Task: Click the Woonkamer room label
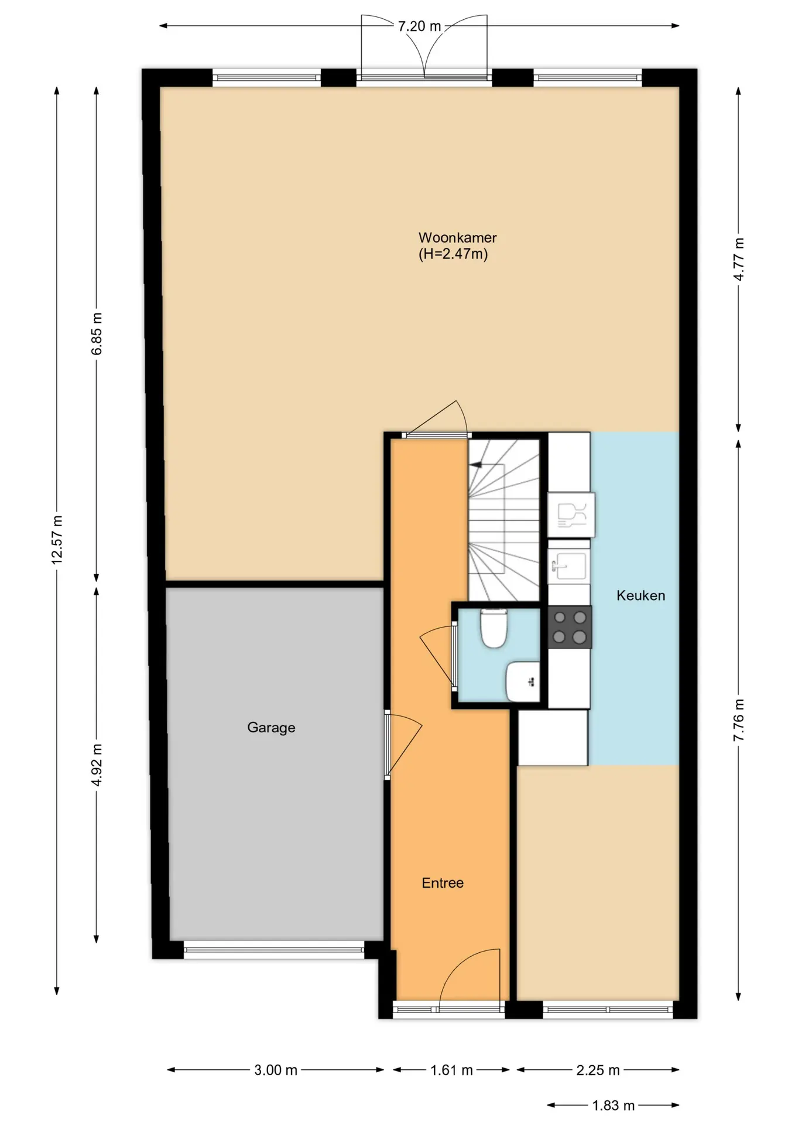tap(457, 238)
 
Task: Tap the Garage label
tap(271, 728)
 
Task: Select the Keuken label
tap(640, 595)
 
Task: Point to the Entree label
tap(443, 883)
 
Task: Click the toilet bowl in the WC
tap(494, 628)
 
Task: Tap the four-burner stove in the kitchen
tap(570, 627)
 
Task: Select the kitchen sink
tap(568, 566)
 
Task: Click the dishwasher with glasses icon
tap(571, 515)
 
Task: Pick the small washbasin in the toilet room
tap(523, 681)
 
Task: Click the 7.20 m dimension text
tap(419, 26)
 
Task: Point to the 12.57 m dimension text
tap(57, 540)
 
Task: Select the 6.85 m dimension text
tap(97, 334)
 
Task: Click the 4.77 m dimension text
tap(739, 260)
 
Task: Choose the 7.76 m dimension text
tap(739, 720)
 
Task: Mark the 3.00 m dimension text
tap(276, 1070)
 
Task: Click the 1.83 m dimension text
tap(613, 1106)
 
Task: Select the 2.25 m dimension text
tap(598, 1070)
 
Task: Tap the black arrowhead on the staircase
tap(475, 465)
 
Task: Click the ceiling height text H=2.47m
tap(453, 254)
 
